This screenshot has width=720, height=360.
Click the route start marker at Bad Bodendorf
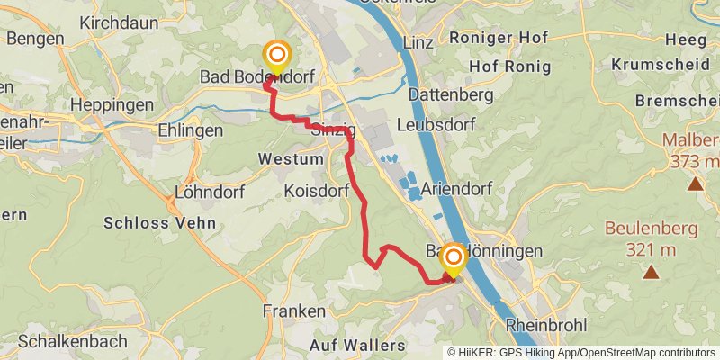(x=276, y=57)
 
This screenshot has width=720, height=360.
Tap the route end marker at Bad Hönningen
(x=453, y=260)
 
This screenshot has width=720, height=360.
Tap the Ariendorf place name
(x=460, y=188)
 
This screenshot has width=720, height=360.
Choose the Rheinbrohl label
(x=546, y=325)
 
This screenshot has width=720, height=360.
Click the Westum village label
(x=290, y=158)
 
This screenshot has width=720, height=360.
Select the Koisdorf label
(x=315, y=191)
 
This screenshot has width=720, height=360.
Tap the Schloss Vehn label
(x=160, y=222)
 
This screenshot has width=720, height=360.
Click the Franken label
(x=294, y=310)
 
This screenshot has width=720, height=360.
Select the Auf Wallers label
(x=357, y=345)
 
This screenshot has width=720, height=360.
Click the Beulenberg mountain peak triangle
(x=650, y=271)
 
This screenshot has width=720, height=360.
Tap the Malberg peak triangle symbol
(x=695, y=184)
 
